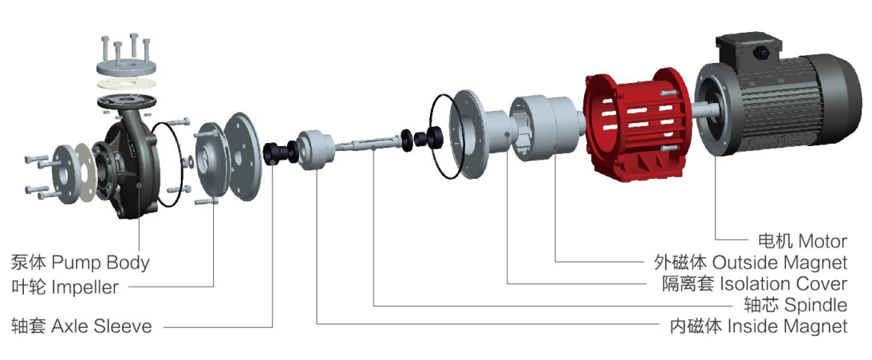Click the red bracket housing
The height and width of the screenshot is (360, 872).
click(636, 125)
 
